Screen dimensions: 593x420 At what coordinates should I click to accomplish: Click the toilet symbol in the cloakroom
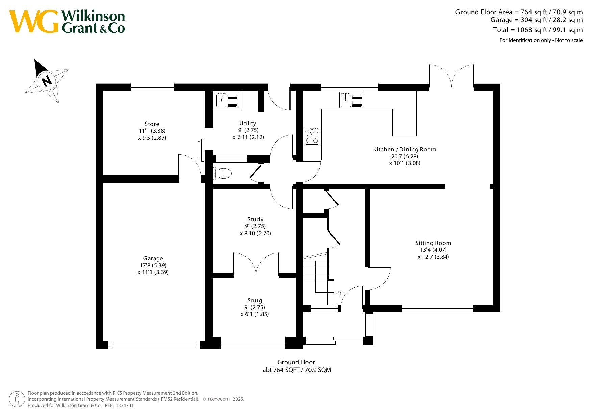(x=222, y=174)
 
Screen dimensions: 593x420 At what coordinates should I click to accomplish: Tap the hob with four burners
(x=313, y=136)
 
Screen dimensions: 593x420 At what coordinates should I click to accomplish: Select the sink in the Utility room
(x=227, y=100)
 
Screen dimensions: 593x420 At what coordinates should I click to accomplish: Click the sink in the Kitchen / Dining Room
(x=351, y=100)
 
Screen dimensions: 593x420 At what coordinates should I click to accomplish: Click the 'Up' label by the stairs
(x=339, y=293)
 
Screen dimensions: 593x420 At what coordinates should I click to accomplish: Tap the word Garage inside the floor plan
(x=153, y=258)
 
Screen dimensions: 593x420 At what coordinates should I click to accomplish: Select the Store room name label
(x=152, y=124)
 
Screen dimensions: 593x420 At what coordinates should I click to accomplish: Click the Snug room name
(x=255, y=300)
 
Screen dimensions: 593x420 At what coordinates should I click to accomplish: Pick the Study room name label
(x=255, y=219)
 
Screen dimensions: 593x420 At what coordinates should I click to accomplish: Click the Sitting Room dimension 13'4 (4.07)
(x=433, y=250)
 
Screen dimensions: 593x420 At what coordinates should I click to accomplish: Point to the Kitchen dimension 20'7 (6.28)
(x=405, y=156)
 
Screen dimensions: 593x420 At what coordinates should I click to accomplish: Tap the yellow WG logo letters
(x=34, y=21)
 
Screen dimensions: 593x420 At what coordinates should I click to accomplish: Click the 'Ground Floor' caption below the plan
(x=296, y=362)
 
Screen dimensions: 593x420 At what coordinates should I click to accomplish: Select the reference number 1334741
(x=125, y=405)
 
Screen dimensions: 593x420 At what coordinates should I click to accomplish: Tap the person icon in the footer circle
(x=17, y=399)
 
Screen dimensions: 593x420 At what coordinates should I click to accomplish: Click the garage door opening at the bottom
(x=154, y=345)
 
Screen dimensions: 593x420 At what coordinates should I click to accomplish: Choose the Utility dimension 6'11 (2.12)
(x=248, y=137)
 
